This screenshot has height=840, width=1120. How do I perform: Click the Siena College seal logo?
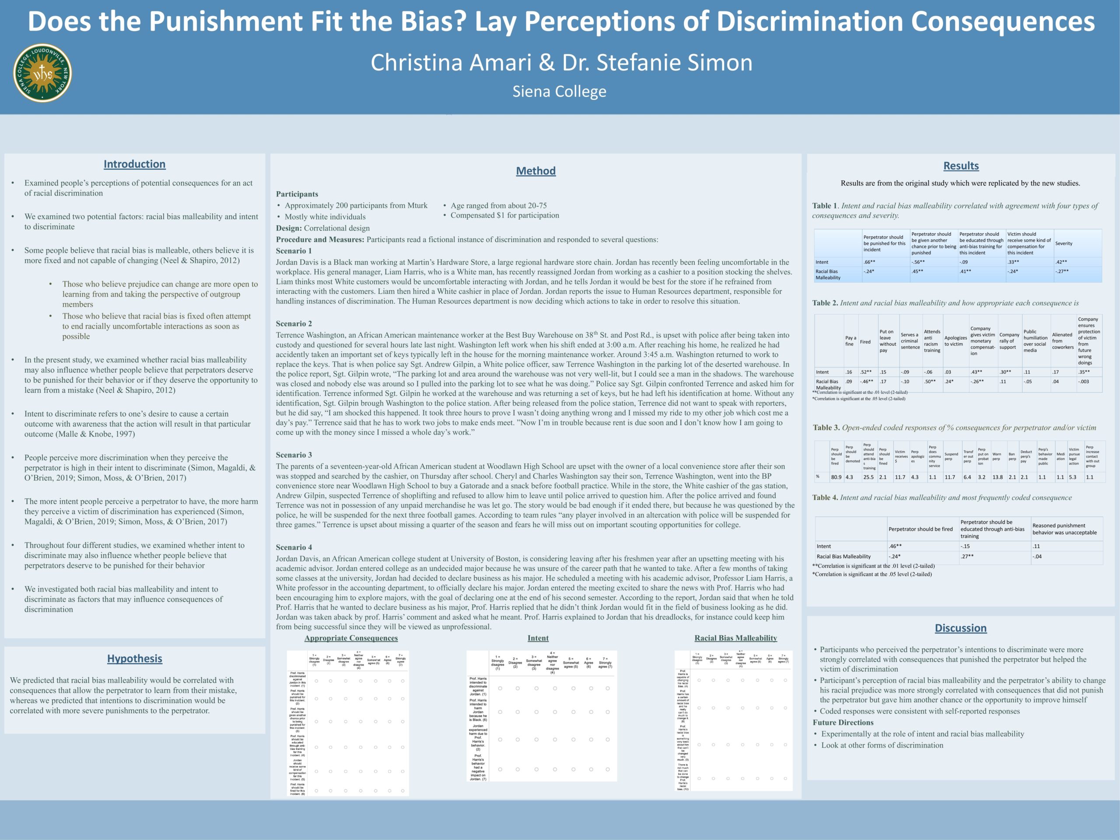42,73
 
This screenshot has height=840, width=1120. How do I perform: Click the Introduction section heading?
134,164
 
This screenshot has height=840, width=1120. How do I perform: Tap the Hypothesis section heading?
135,658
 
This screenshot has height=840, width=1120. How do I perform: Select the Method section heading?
535,171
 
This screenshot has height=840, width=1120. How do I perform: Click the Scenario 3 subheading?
294,455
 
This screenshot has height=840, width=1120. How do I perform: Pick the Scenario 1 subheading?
294,251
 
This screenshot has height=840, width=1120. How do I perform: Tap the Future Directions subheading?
843,723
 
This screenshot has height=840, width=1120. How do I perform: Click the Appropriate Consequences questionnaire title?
351,638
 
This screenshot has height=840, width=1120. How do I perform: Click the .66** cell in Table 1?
869,262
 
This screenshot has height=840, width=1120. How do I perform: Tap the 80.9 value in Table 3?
836,477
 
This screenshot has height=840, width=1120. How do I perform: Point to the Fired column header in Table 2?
865,342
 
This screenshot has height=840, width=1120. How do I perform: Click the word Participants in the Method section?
297,194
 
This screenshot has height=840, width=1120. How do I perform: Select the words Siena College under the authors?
559,91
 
